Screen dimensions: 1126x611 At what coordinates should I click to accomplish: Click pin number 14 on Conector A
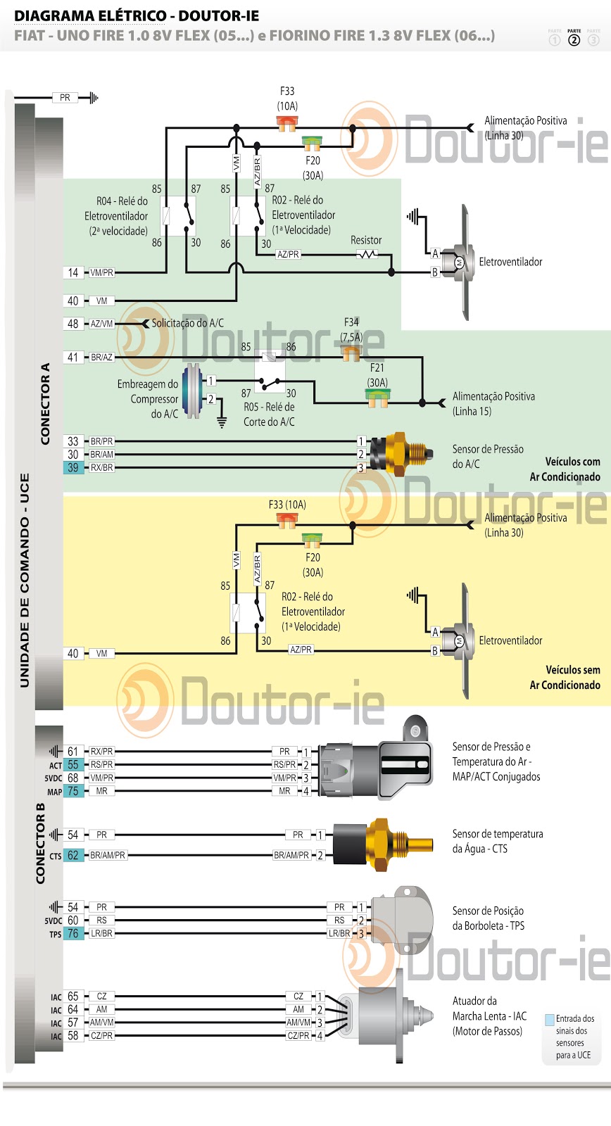(x=73, y=272)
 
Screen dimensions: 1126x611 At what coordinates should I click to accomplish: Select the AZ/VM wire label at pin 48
(x=101, y=324)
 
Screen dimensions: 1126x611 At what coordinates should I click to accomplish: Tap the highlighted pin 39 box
(x=73, y=467)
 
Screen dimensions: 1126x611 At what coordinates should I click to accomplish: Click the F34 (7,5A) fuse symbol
(x=351, y=352)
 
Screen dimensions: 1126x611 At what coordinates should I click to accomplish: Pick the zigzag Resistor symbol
(x=367, y=254)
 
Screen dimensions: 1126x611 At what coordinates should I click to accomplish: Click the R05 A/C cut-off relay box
(x=270, y=372)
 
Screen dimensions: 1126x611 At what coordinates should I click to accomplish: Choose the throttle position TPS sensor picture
(x=398, y=918)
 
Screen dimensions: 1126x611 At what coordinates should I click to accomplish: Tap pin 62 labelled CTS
(x=73, y=855)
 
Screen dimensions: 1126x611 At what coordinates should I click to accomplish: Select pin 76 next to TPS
(x=73, y=933)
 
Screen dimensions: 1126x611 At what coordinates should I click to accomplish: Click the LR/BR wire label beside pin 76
(x=101, y=933)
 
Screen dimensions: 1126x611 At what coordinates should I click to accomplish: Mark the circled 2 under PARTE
(x=574, y=40)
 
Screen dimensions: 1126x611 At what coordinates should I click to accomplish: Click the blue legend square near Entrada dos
(x=550, y=1019)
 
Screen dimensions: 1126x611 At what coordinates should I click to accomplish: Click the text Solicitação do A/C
(x=188, y=323)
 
